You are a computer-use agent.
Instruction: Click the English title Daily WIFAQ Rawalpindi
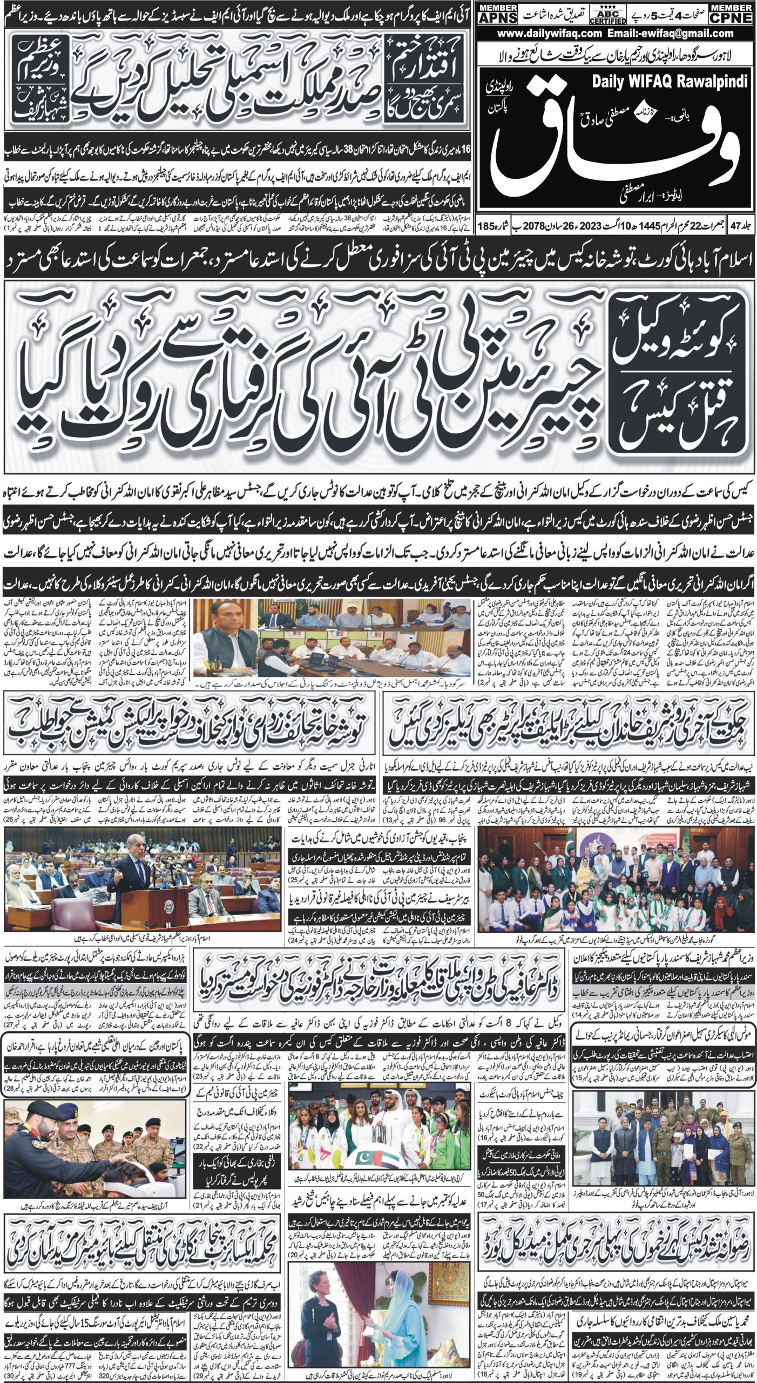(x=670, y=82)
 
